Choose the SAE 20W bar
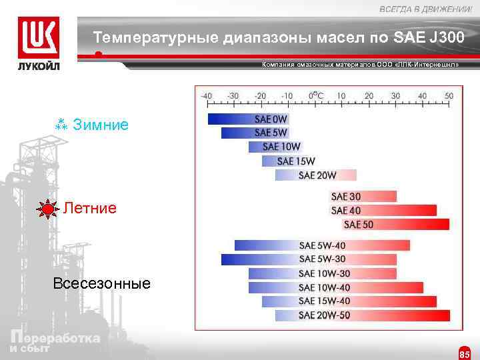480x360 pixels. [x=316, y=175]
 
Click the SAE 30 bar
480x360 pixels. [x=363, y=196]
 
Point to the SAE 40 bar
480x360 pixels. [x=383, y=210]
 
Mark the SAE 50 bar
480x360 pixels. [x=396, y=224]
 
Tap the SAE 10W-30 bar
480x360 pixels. [x=322, y=273]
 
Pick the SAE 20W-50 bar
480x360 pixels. [x=356, y=315]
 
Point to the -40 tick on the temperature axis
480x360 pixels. [x=207, y=96]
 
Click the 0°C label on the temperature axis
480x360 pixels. [x=315, y=95]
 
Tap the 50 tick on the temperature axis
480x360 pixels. [x=449, y=96]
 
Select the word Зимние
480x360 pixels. [x=101, y=125]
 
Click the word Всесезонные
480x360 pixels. [x=101, y=283]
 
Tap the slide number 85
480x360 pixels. [x=464, y=353]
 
